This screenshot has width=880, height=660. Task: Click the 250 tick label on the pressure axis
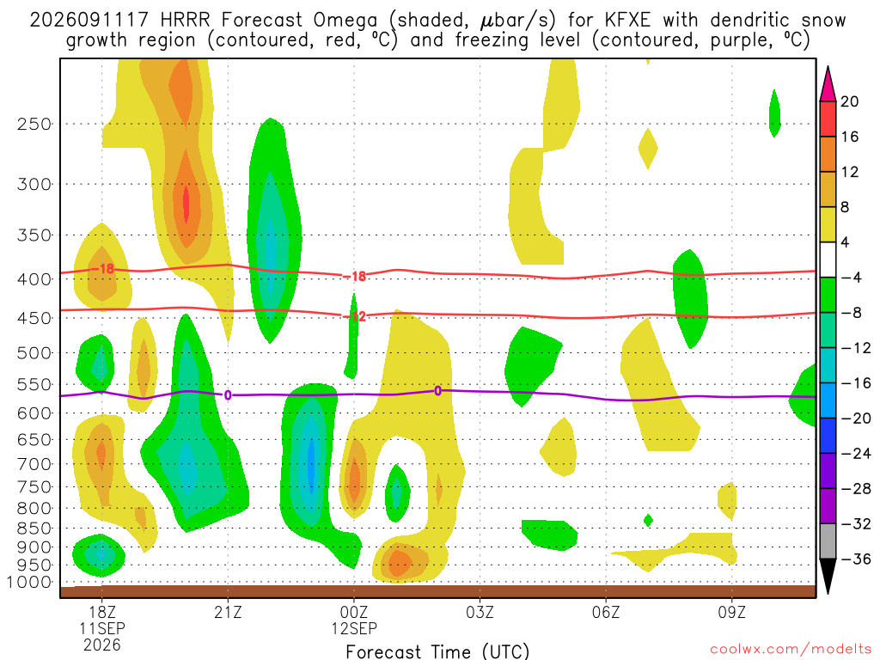(34, 124)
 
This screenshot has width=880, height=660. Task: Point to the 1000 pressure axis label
(29, 582)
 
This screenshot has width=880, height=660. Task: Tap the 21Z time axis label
(228, 612)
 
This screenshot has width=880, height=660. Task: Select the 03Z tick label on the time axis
(480, 612)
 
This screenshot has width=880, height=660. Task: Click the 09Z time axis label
(732, 612)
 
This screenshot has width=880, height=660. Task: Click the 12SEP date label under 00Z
(354, 628)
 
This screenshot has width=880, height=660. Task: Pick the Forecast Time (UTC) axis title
(437, 651)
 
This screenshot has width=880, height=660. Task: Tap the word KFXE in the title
(627, 21)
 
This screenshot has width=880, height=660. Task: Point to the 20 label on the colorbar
(849, 101)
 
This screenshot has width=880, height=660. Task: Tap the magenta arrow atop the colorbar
(828, 83)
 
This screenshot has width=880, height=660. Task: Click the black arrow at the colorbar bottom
(828, 577)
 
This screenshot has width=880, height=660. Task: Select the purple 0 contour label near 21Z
(227, 395)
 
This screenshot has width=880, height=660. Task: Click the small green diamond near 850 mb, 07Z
(648, 520)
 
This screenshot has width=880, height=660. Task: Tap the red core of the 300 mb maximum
(186, 205)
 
